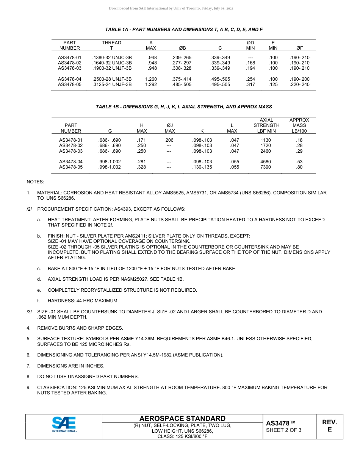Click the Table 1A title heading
pos(184,29)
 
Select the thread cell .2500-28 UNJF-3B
pos(112,79)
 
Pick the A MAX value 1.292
pos(151,84)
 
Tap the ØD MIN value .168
pos(250,63)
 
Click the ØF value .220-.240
pos(299,84)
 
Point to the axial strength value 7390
pos(266,167)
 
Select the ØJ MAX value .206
pos(169,140)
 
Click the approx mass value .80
pos(299,167)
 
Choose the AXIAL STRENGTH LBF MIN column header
pos(266,125)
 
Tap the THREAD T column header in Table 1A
pos(112,45)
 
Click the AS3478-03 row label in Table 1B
pos(71,151)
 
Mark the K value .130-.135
pos(202,167)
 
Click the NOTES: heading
pos(35,182)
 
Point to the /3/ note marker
pos(29,312)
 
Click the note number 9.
pos(28,388)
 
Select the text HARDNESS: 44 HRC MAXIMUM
pos(83,301)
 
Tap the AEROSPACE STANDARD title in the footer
pos(182,418)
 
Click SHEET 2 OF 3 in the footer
pos(284,430)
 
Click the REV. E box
pos(329,426)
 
